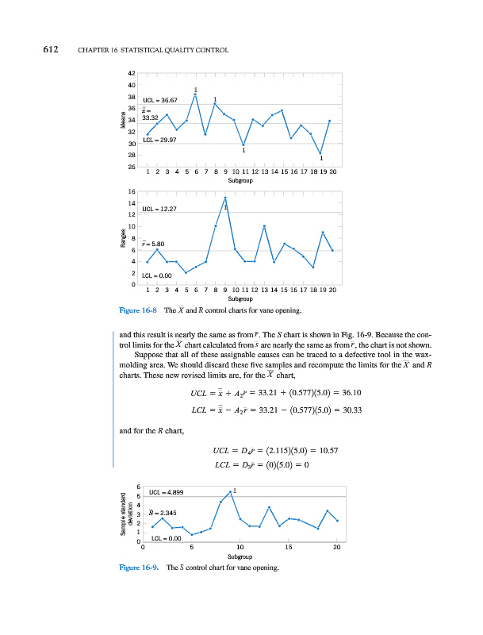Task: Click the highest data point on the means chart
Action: click(x=195, y=95)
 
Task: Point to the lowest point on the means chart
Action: click(x=320, y=153)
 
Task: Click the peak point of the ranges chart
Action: click(x=225, y=198)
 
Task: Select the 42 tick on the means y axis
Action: click(x=130, y=74)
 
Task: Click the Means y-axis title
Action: click(x=124, y=121)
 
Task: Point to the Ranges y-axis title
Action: click(x=124, y=239)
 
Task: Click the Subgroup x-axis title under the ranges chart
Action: click(x=240, y=298)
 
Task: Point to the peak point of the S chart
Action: click(x=230, y=493)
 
